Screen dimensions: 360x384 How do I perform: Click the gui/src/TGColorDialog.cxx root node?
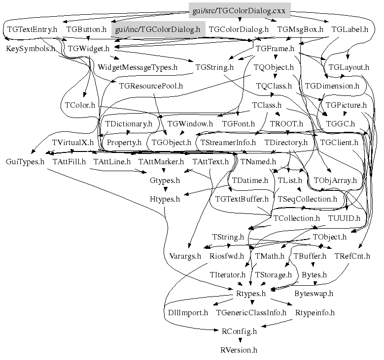(239, 10)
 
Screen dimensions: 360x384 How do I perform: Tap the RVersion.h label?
(239, 350)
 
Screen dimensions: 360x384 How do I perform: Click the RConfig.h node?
(239, 331)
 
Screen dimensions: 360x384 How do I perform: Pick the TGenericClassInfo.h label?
(251, 312)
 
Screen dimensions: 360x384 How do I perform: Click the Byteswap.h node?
(314, 294)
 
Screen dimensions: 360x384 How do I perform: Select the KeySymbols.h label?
(31, 49)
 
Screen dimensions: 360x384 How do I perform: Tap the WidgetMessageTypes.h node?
(138, 67)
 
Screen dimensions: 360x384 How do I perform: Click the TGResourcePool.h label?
(151, 86)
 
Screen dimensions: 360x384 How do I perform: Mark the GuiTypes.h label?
(25, 161)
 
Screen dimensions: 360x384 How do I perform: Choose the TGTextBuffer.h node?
(242, 199)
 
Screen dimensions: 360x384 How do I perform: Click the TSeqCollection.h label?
(307, 199)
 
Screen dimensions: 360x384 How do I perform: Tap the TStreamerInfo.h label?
(228, 143)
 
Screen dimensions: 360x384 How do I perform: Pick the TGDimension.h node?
(332, 86)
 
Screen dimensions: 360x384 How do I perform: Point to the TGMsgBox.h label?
(300, 29)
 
